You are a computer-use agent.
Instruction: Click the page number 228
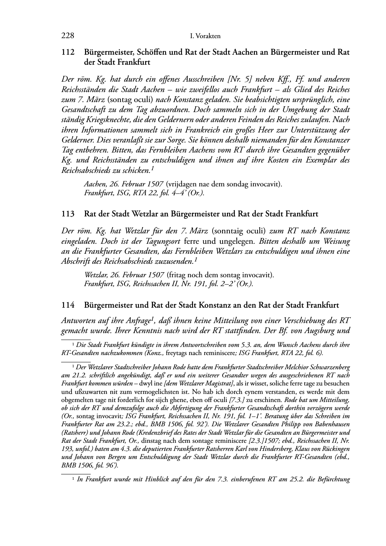(x=68, y=36)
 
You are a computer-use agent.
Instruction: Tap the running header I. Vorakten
(x=205, y=36)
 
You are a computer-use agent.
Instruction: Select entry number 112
(x=68, y=52)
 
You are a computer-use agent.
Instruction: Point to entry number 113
(x=68, y=214)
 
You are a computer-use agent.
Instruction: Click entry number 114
(x=68, y=305)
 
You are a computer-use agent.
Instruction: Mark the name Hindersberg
(x=271, y=449)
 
